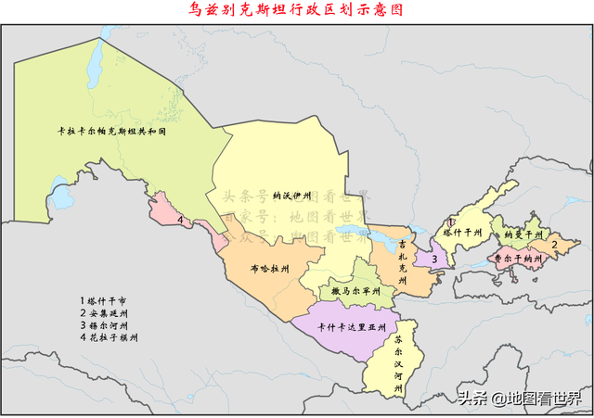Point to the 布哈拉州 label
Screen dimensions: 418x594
[x=269, y=269]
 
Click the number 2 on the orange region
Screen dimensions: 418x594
[x=554, y=245]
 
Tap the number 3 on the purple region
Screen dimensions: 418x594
[x=433, y=259]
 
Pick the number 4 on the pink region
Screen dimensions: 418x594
[x=179, y=221]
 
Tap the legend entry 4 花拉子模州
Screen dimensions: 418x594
[x=110, y=338]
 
